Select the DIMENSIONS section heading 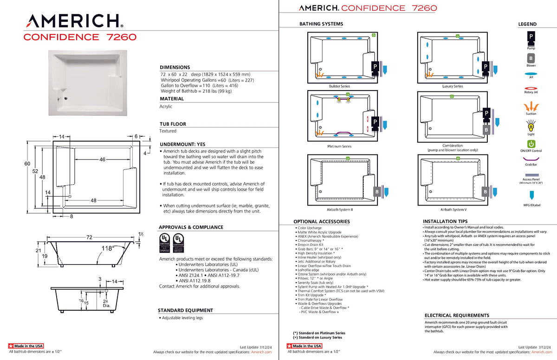click(175, 67)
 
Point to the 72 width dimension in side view click(89, 237)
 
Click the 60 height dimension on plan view click(27, 164)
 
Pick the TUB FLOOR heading click(173, 124)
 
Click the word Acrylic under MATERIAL click(166, 106)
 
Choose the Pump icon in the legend click(531, 36)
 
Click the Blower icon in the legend click(531, 58)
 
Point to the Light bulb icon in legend click(531, 125)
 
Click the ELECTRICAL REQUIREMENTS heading click(457, 315)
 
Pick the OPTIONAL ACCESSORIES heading click(321, 222)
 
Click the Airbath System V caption click(453, 210)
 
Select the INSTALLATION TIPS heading click(445, 222)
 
